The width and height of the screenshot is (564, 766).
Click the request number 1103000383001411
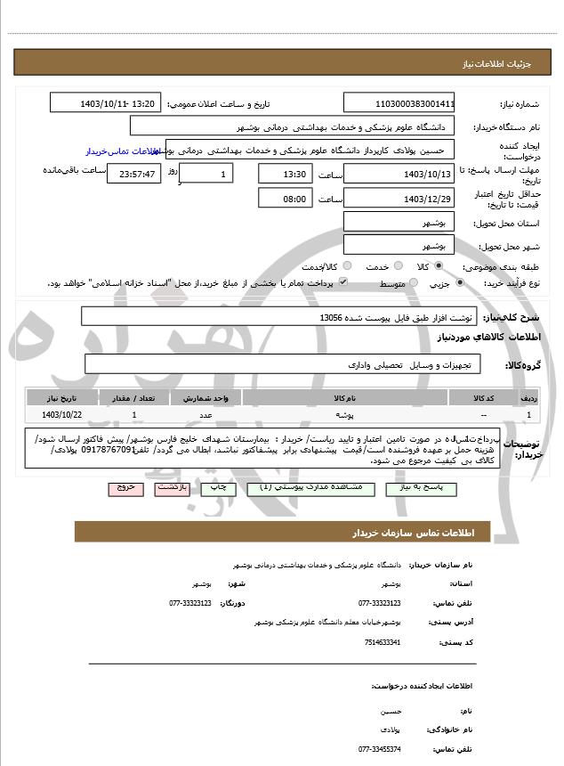[399, 103]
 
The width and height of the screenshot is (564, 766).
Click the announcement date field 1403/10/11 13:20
[106, 103]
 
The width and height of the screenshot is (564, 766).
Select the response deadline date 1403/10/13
[399, 174]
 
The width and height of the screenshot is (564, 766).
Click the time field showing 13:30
[286, 174]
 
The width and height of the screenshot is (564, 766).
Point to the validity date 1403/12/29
[399, 199]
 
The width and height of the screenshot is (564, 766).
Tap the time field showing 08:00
[286, 199]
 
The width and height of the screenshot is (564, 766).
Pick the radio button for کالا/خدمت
[348, 266]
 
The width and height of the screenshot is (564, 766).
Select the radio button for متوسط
[411, 283]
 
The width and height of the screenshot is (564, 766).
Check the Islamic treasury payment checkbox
[342, 283]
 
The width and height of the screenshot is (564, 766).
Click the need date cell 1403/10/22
[61, 415]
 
